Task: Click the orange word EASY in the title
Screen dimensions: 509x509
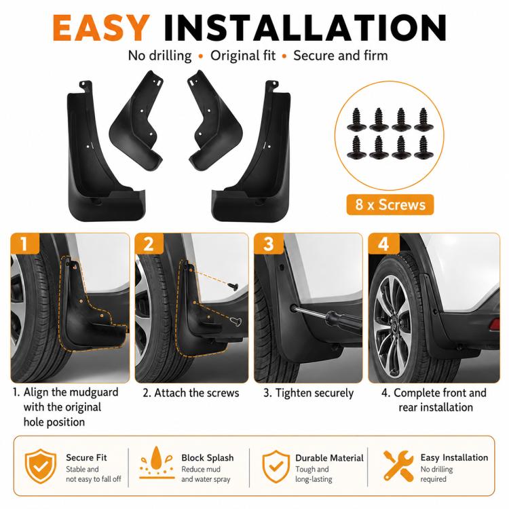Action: [x=101, y=28]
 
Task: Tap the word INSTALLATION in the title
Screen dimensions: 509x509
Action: [x=305, y=28]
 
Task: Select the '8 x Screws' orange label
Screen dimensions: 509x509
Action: [x=390, y=204]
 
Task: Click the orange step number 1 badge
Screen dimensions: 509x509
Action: [x=24, y=244]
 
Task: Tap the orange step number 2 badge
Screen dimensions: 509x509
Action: [x=149, y=244]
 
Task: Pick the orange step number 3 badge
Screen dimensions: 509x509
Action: [x=269, y=244]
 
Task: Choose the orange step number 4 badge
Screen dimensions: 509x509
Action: [x=383, y=244]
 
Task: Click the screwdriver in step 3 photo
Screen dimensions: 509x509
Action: [x=327, y=316]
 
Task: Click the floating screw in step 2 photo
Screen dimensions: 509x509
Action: [x=233, y=286]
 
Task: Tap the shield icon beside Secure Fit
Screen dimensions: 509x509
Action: [x=41, y=466]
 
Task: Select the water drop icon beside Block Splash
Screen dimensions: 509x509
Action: [x=157, y=462]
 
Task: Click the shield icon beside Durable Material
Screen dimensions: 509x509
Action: [x=276, y=466]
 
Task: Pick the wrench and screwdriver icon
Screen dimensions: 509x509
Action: [x=398, y=466]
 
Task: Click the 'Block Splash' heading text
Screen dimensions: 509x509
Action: [x=208, y=457]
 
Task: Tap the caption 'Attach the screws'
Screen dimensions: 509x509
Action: [x=196, y=393]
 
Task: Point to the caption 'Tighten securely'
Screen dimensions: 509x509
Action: [x=314, y=393]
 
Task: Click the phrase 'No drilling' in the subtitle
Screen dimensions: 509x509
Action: [x=159, y=56]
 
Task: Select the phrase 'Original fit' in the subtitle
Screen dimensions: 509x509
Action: [x=243, y=56]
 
